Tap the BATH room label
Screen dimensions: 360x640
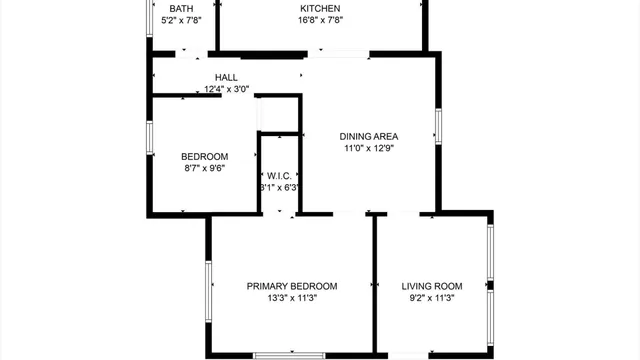[x=181, y=8]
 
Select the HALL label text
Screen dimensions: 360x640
[x=226, y=77]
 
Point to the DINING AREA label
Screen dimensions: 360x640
[x=370, y=137]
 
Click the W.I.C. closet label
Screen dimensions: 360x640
[x=279, y=175]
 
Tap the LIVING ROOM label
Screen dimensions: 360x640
[x=432, y=286]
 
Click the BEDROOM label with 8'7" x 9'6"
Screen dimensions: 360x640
[x=204, y=156]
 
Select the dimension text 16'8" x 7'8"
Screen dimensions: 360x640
[x=321, y=20]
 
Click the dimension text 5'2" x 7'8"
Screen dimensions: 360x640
[x=181, y=20]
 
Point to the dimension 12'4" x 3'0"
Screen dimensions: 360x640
[x=226, y=89]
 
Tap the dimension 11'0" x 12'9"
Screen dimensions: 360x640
[x=370, y=149]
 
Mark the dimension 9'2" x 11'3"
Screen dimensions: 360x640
[x=432, y=298]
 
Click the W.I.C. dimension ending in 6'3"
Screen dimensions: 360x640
[x=280, y=187]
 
